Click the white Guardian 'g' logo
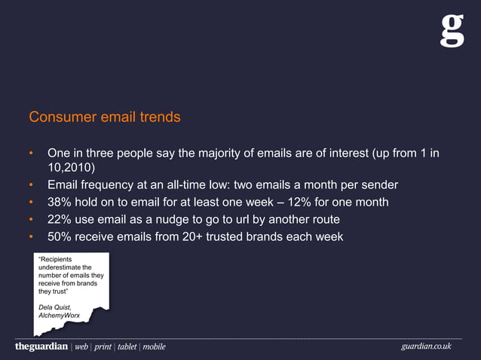(452, 30)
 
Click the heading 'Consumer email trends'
(104, 117)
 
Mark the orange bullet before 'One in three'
(32, 154)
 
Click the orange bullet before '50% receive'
(32, 237)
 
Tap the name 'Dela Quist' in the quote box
(55, 307)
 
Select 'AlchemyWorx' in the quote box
(60, 316)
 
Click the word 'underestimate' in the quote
(64, 267)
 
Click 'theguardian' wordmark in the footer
(41, 346)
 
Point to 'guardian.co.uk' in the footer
(426, 346)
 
